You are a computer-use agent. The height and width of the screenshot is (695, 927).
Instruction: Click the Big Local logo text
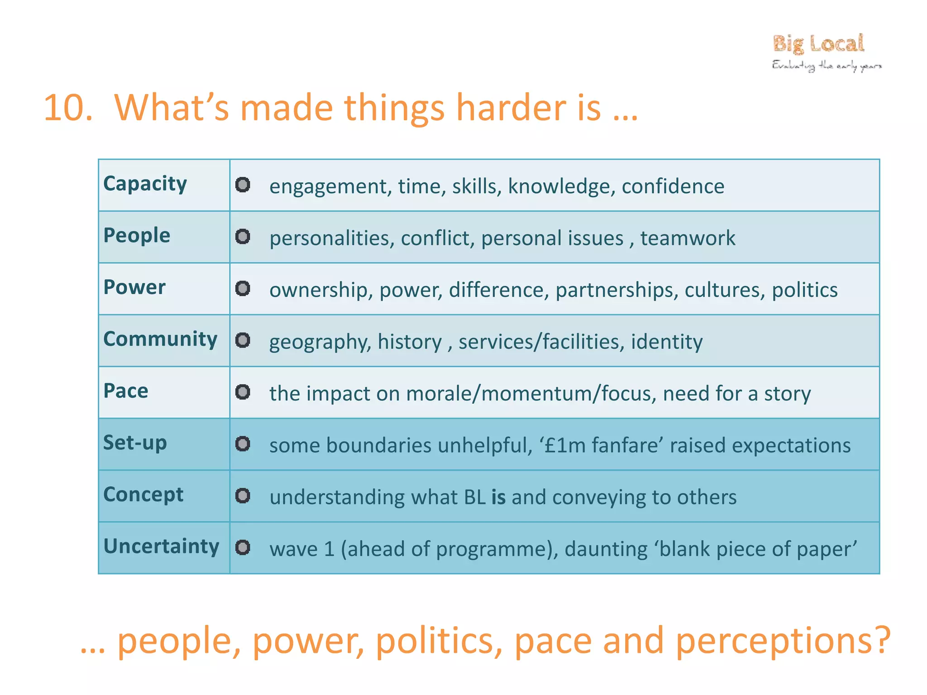(x=818, y=44)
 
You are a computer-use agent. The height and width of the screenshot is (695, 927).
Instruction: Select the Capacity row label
(x=145, y=184)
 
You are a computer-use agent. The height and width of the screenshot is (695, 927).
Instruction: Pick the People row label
(x=137, y=235)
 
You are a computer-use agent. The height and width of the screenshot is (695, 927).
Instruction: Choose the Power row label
(x=134, y=287)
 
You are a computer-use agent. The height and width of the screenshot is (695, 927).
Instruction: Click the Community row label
(x=160, y=339)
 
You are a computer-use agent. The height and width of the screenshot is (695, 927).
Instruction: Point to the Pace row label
(x=126, y=391)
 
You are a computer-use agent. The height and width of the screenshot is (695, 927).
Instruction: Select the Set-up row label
(x=135, y=443)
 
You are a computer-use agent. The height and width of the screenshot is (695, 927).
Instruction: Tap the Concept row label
(x=143, y=494)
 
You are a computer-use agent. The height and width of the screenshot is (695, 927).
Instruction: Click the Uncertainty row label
(x=161, y=546)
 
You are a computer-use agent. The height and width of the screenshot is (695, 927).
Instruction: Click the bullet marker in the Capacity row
(x=243, y=185)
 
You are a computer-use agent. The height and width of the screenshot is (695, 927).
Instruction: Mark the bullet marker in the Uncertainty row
(x=243, y=547)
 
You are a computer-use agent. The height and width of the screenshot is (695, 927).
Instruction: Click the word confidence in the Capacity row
(x=673, y=186)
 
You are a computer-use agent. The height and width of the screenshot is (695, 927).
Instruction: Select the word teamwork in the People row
(x=688, y=238)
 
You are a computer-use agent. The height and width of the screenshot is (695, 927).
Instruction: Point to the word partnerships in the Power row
(x=616, y=290)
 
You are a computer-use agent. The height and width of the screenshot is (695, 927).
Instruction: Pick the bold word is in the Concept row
(x=498, y=497)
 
